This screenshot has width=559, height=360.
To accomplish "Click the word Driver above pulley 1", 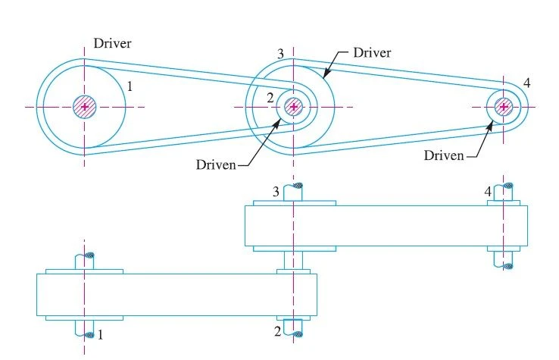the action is [112, 43].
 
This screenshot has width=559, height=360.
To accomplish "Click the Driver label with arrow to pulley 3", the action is [372, 53].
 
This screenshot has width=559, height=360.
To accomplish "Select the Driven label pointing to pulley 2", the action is [216, 164].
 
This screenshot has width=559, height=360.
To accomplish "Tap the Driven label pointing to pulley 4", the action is [444, 155].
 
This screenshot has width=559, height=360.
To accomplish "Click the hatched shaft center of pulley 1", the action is [85, 106].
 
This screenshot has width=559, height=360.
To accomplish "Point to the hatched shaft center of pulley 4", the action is [504, 106].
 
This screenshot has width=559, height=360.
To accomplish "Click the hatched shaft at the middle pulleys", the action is [293, 106].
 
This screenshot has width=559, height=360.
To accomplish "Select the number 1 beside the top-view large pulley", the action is [130, 86].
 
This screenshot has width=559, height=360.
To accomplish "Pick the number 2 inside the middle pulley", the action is [270, 98].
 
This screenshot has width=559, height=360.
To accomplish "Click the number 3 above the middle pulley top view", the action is [280, 54].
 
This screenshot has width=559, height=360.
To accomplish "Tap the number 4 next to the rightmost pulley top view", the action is [527, 83].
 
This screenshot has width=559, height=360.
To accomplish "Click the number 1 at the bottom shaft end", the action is [100, 335].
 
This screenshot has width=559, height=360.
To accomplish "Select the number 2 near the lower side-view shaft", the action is [278, 331].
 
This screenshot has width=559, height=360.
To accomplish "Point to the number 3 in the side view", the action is [276, 192].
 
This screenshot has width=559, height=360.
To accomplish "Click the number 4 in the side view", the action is [488, 192].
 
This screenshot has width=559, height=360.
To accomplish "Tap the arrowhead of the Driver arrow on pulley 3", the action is [324, 75].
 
